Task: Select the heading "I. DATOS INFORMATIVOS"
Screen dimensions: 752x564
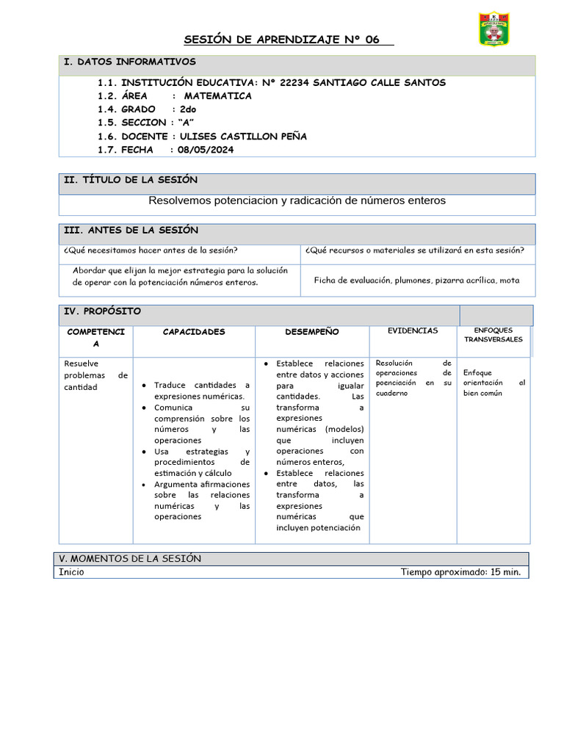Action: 130,62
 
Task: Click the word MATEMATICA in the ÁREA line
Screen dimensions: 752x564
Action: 217,96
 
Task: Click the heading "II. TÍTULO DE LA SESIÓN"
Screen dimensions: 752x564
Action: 131,180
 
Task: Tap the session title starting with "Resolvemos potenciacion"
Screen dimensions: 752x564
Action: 297,200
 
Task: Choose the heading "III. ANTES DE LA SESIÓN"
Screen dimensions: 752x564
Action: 131,231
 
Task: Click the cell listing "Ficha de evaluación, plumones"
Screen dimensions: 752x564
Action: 416,280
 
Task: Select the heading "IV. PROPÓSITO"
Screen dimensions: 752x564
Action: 103,311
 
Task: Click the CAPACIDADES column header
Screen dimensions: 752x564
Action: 194,332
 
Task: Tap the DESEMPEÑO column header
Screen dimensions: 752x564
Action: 312,332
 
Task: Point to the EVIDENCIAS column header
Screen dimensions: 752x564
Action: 413,331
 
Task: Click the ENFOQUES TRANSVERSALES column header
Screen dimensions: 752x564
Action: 493,335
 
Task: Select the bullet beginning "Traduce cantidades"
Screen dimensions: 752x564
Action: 201,391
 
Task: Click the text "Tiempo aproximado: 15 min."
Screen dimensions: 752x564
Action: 460,573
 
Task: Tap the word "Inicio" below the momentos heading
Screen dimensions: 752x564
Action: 71,573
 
